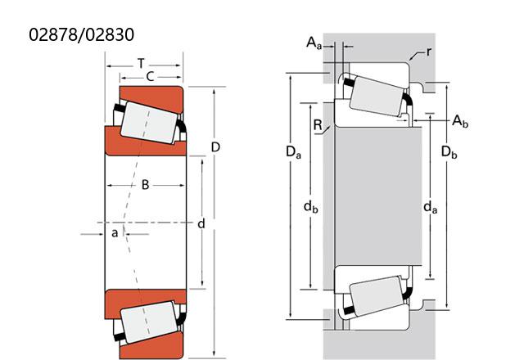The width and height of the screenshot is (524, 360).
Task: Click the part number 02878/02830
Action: point(82,34)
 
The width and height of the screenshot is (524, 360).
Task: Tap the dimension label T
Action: point(142,63)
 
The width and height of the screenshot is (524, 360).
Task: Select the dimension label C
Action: point(151,77)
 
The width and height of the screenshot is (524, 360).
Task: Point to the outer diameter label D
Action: point(216,147)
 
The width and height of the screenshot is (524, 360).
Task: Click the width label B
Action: point(145,185)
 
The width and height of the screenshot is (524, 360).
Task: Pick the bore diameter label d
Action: point(201,223)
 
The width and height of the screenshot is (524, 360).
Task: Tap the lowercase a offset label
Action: point(115,232)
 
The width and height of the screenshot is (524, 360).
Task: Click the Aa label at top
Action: point(314,43)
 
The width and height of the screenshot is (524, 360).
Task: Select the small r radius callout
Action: point(429,52)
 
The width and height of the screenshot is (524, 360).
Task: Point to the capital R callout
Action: point(318,125)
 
